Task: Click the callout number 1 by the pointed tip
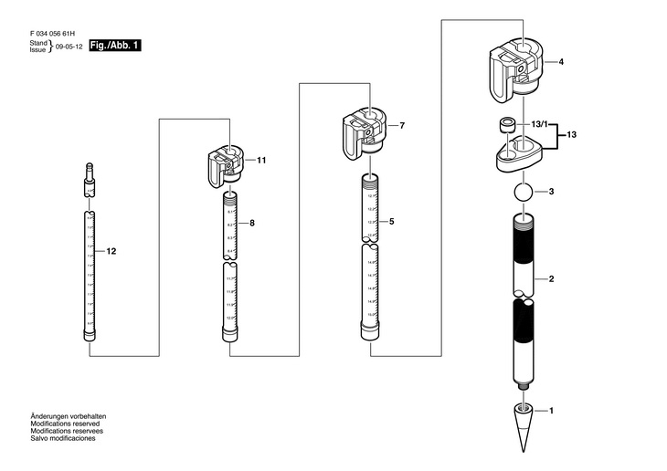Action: coord(551,412)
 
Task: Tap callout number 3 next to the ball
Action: coord(551,193)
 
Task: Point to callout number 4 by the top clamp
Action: coord(560,62)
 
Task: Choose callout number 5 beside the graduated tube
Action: coord(390,221)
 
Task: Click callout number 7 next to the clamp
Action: coord(402,124)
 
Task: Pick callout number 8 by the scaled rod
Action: coord(252,223)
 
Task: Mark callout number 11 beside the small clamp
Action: coord(261,161)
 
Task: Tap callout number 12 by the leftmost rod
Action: coord(111,250)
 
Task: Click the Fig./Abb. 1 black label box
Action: coord(115,45)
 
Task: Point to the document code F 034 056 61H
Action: coord(53,31)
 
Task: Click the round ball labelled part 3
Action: coord(522,194)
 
